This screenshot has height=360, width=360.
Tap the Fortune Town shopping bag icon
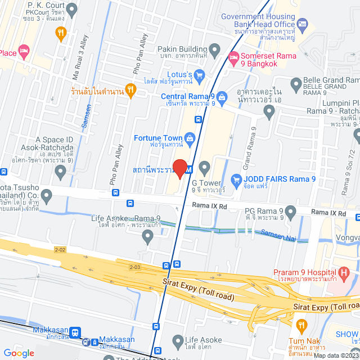[x=190, y=138]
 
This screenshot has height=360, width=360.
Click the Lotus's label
[x=181, y=74]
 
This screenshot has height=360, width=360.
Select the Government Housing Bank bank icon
[x=303, y=24]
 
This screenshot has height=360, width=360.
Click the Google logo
[x=19, y=353]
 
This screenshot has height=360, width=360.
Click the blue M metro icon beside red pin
[x=188, y=169]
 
